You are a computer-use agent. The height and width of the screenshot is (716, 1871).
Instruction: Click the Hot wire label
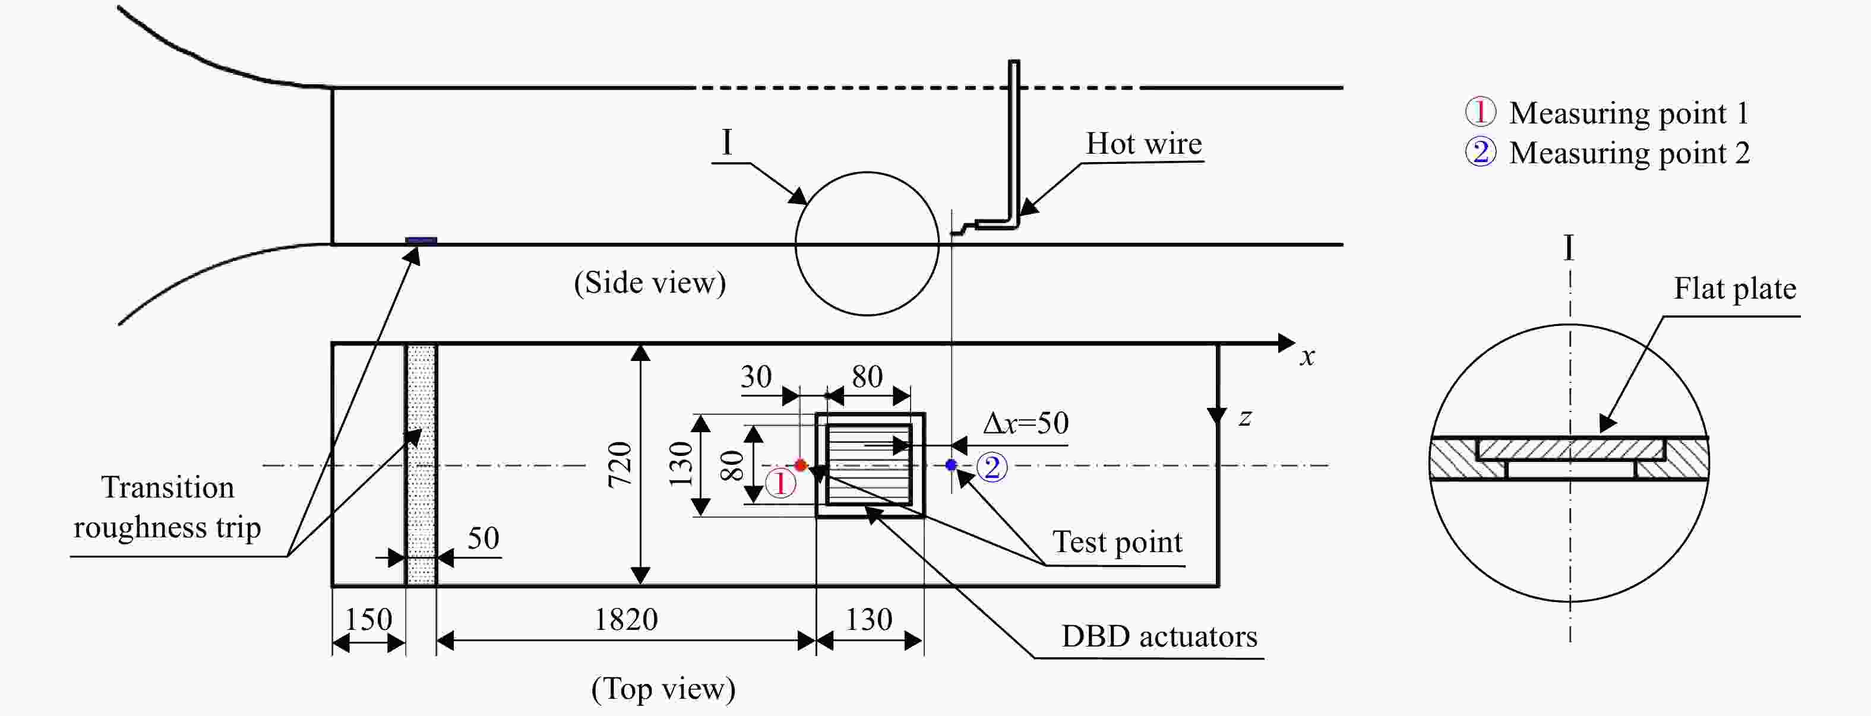pyautogui.click(x=1143, y=143)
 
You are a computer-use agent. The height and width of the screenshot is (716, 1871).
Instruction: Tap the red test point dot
pyautogui.click(x=801, y=465)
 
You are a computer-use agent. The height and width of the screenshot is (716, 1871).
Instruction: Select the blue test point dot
pyautogui.click(x=951, y=465)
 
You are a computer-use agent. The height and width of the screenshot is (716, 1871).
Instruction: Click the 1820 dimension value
pyautogui.click(x=625, y=619)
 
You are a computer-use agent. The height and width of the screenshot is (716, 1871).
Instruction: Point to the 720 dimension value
pyautogui.click(x=620, y=464)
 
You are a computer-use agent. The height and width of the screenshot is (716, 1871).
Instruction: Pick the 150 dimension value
pyautogui.click(x=368, y=619)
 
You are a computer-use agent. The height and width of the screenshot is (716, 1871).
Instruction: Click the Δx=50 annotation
pyautogui.click(x=1026, y=423)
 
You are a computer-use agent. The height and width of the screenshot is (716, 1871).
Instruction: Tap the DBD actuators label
pyautogui.click(x=1159, y=636)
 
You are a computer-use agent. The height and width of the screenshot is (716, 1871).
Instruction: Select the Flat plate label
pyautogui.click(x=1735, y=289)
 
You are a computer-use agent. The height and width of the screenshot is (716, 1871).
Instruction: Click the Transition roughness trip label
pyautogui.click(x=167, y=507)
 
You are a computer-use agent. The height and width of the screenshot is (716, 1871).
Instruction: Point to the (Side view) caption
pyautogui.click(x=649, y=283)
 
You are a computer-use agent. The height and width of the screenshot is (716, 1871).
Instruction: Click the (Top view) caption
pyautogui.click(x=663, y=689)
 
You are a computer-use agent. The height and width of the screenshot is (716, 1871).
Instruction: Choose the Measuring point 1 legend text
pyautogui.click(x=1629, y=113)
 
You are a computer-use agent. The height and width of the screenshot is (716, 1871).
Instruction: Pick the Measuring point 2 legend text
pyautogui.click(x=1629, y=153)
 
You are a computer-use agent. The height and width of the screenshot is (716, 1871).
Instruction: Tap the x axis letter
pyautogui.click(x=1307, y=357)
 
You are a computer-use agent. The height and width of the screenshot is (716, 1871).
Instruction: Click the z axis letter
pyautogui.click(x=1245, y=417)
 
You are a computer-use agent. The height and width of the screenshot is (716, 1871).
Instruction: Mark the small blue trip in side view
pyautogui.click(x=421, y=240)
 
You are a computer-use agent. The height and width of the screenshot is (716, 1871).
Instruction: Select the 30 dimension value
pyautogui.click(x=756, y=376)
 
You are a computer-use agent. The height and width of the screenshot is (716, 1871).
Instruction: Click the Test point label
pyautogui.click(x=1118, y=541)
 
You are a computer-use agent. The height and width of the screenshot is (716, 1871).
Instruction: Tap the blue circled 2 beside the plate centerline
pyautogui.click(x=992, y=467)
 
